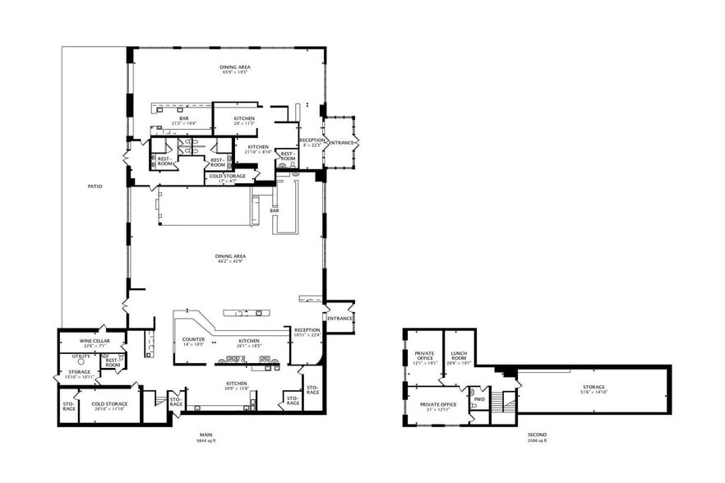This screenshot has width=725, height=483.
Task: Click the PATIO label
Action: coord(95,187)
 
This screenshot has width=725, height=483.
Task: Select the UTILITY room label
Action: coord(81,356)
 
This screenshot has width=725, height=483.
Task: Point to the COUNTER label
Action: coord(193,339)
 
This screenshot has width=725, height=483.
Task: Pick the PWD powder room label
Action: coord(478,401)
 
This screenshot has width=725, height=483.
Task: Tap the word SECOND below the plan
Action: coord(537,435)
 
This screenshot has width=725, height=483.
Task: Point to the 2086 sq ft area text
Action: coord(537,441)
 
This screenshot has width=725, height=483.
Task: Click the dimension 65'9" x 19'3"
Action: coord(235,72)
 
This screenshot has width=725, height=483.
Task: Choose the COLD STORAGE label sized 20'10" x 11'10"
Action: coord(109,404)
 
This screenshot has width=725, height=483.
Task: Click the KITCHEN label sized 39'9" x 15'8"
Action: coord(236,384)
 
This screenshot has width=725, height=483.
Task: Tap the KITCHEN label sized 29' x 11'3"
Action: coord(244,119)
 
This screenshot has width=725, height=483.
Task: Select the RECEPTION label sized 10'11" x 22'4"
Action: coord(307,330)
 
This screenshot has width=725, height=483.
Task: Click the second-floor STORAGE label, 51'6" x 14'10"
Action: coord(593,387)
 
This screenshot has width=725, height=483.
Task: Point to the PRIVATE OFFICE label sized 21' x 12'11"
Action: coord(438,405)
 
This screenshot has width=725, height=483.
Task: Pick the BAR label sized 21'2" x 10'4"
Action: coord(185,119)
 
